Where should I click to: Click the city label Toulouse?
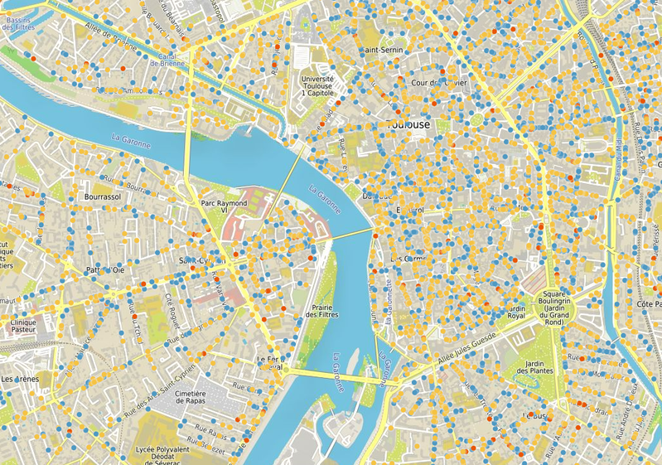[409, 124]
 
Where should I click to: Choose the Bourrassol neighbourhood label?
[104, 197]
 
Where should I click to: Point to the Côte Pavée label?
[648, 305]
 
